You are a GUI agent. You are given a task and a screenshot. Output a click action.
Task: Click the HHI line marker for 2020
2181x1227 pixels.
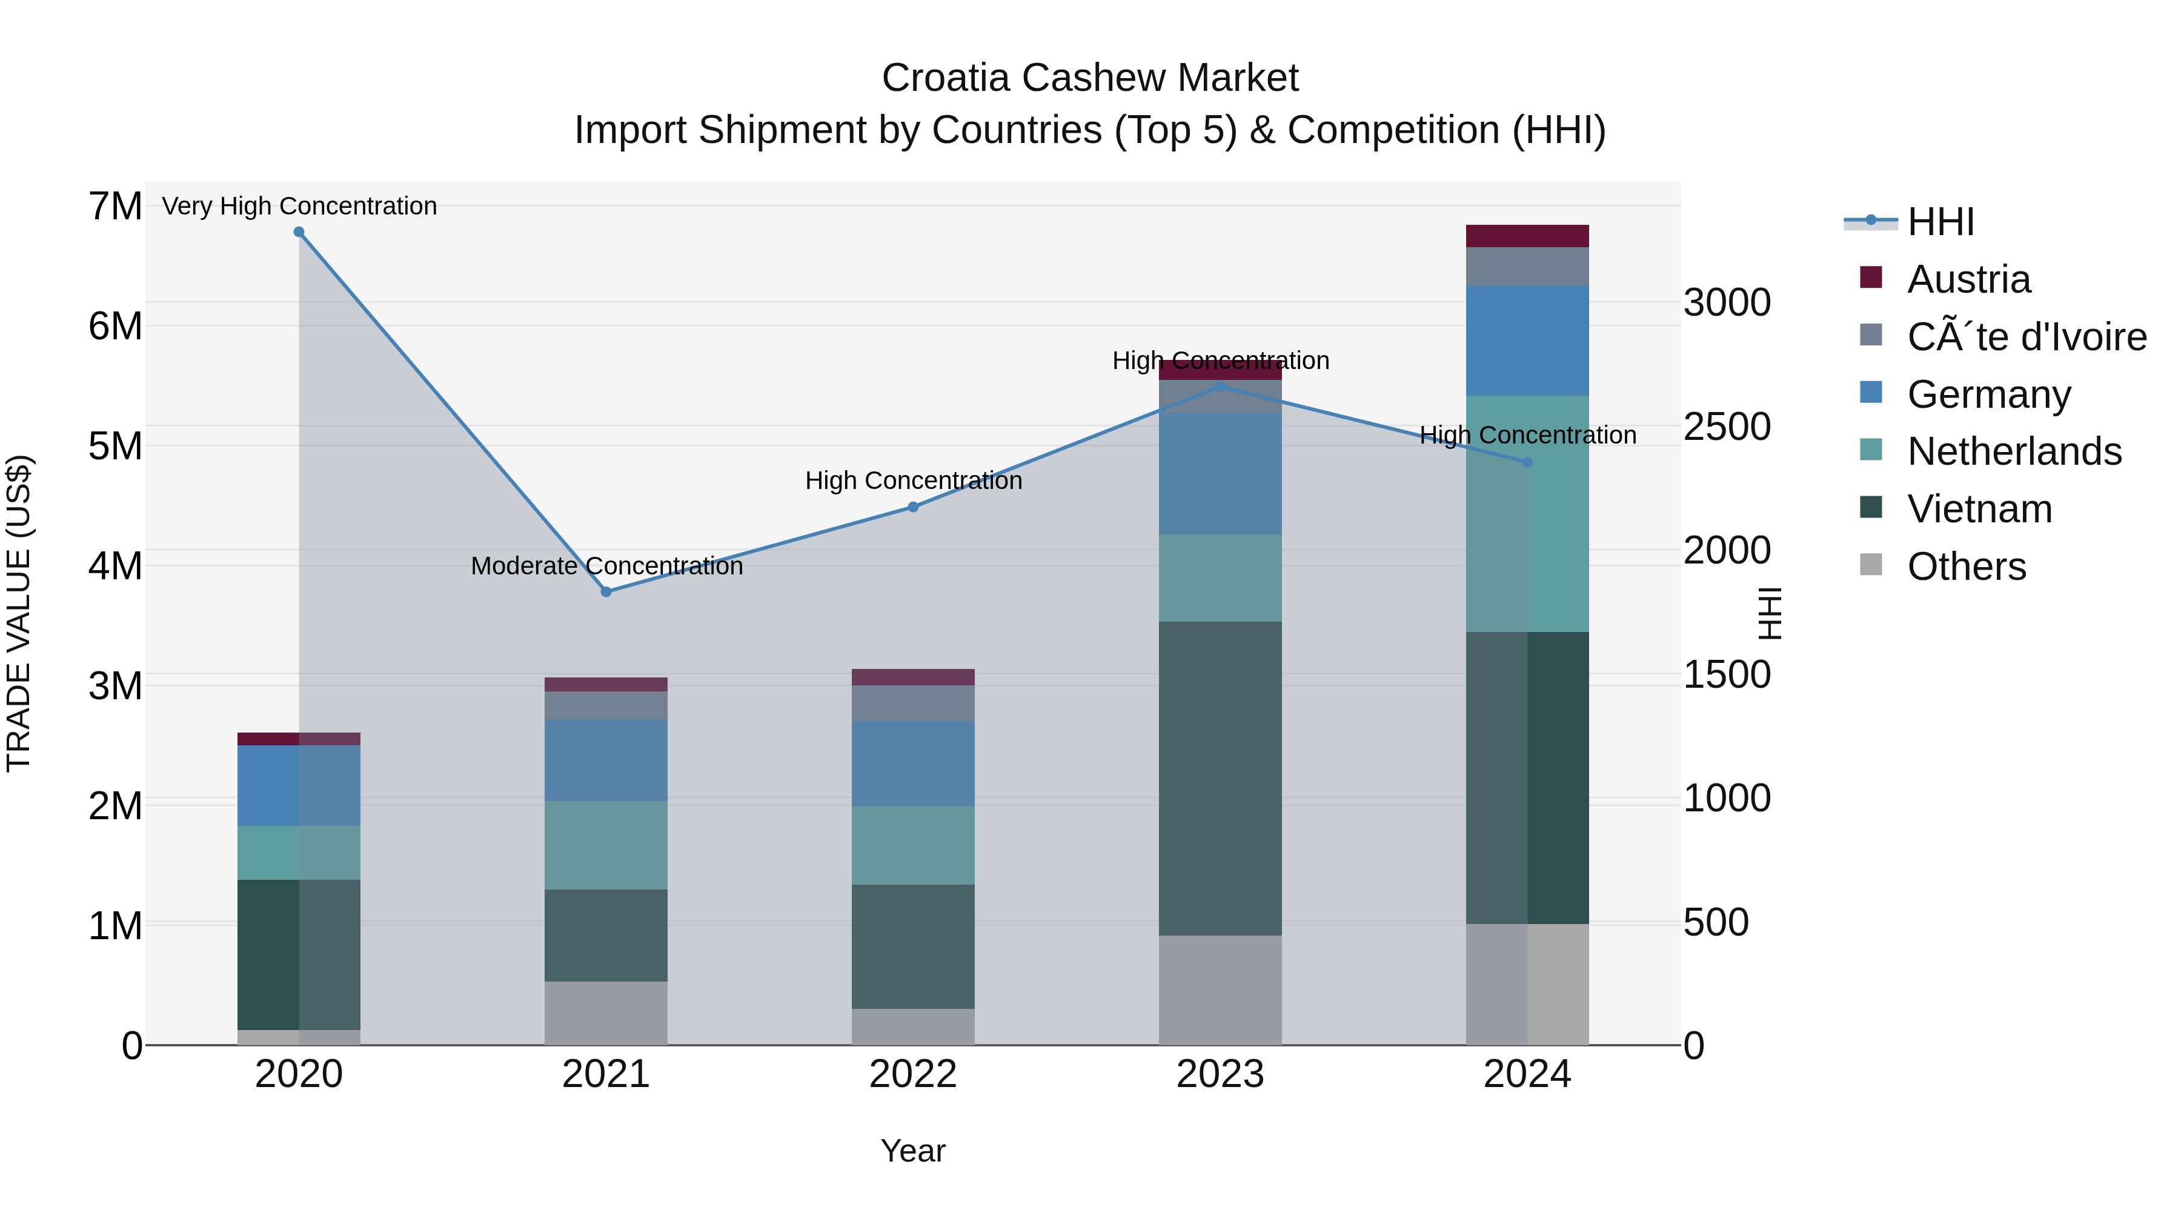point(299,232)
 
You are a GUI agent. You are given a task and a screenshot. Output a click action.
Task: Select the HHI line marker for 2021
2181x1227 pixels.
point(606,592)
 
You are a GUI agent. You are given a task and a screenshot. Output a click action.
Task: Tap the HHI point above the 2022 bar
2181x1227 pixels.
point(913,507)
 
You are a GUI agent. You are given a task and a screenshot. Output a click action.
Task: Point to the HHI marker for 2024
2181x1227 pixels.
point(1527,462)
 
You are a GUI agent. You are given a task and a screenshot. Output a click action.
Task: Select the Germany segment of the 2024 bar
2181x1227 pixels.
point(1527,341)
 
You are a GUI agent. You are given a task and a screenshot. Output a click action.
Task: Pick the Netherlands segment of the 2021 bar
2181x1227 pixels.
point(606,845)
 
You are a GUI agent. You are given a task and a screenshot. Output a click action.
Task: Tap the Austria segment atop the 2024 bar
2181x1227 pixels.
point(1527,236)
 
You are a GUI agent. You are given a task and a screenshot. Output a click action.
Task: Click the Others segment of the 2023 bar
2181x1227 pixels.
point(1220,990)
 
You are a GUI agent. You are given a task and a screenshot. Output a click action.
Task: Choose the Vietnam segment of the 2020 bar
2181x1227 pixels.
point(299,954)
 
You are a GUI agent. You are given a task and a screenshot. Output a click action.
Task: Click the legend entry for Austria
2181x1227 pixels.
point(1968,279)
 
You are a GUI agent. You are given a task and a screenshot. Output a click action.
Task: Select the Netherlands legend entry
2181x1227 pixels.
point(2013,451)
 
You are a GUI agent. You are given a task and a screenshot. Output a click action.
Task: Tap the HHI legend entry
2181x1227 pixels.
point(1939,222)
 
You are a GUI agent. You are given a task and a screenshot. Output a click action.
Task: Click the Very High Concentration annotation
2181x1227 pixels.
point(299,206)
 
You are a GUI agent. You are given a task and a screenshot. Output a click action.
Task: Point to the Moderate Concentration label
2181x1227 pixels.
point(606,566)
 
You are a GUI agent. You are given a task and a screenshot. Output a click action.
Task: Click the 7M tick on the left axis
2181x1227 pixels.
point(115,207)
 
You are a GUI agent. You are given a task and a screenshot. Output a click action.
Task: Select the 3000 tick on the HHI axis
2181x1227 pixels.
point(1727,302)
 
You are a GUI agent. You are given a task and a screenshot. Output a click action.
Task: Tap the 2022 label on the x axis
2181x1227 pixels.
point(913,1074)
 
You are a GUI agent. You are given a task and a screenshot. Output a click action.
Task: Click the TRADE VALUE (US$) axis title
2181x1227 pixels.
point(19,613)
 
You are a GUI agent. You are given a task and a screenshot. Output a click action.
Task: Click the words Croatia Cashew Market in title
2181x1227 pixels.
point(1090,78)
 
